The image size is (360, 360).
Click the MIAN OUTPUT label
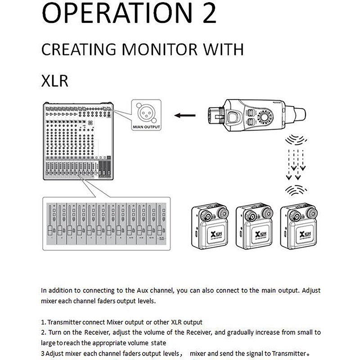point(146,127)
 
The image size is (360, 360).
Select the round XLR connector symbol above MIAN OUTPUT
point(146,113)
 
